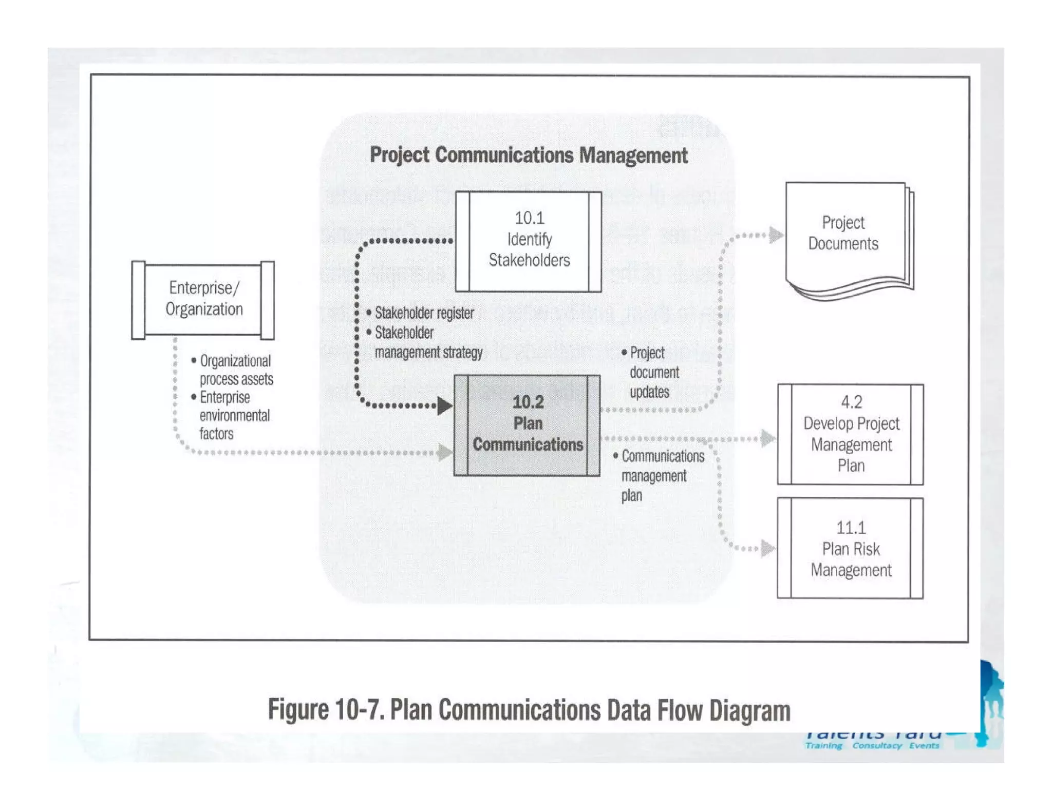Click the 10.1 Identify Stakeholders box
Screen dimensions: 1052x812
coord(529,241)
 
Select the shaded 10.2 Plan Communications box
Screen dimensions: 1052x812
coord(527,425)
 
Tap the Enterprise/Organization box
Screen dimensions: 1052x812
coord(203,300)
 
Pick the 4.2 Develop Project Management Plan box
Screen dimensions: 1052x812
coord(851,434)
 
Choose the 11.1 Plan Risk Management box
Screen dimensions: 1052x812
coord(851,548)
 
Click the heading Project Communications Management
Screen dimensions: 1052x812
coord(529,156)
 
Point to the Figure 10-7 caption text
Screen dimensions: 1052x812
coord(529,710)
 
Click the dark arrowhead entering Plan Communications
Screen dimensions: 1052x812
coord(445,405)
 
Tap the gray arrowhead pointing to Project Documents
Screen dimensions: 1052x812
coord(776,235)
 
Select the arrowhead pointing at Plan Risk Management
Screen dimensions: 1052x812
coord(768,548)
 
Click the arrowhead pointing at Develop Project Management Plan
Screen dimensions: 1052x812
coord(768,438)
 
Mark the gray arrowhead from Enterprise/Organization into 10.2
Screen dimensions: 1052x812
coord(445,452)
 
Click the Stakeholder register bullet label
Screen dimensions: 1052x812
coord(424,313)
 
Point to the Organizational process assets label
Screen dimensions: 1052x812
coord(236,370)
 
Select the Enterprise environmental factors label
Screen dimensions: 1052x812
coord(234,416)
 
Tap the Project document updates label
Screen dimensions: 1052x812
coord(654,373)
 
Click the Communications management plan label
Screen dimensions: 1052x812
coord(662,476)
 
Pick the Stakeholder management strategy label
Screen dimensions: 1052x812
coord(428,343)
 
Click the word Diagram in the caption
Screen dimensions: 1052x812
coord(749,710)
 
